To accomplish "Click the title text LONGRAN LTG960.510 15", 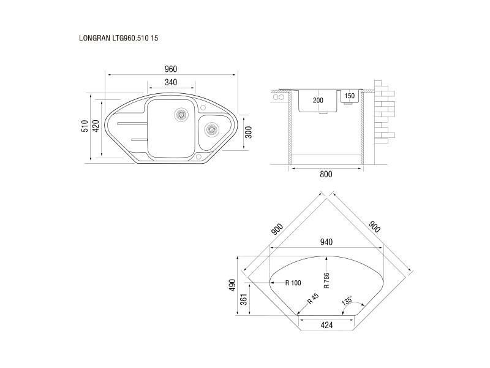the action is coord(118,38).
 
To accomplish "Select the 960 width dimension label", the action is coord(171,69).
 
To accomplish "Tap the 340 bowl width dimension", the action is coord(171,82).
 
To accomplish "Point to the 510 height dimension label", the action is coord(85,126).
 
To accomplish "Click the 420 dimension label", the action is coord(96,126).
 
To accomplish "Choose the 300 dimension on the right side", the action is coord(249,132).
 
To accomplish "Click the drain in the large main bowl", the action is coord(181,114).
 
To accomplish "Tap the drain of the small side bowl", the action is coord(211,129).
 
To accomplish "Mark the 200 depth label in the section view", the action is coord(318,101).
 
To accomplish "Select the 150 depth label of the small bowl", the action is coord(349,96).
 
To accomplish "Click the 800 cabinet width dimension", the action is coord(326,174).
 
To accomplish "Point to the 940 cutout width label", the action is coord(326,242).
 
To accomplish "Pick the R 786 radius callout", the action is coord(326,280).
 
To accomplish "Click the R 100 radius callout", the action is coord(293,283).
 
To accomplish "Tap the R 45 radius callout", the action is coord(313,299).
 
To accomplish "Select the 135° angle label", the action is coord(347,301).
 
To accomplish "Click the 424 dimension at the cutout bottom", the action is coord(326,326).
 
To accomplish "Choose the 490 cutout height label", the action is coord(232,285).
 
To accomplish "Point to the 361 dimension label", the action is coord(244,299).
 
